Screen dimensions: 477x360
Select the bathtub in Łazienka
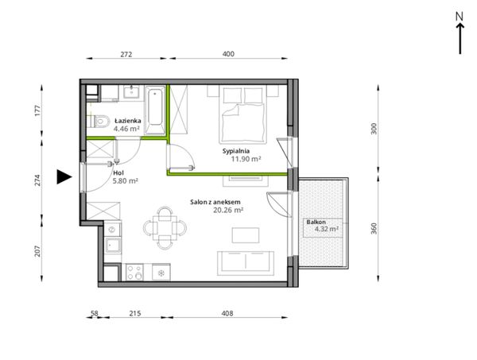[156, 110]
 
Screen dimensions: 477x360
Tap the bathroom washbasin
[131, 92]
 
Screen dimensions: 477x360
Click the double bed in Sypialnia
[242, 114]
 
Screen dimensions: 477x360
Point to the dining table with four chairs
[165, 228]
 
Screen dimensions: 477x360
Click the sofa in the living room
[246, 263]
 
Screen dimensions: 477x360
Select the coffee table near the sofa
[246, 235]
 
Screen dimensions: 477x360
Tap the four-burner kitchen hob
[134, 272]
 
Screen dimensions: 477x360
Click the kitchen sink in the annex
[113, 246]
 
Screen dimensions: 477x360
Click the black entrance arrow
[64, 176]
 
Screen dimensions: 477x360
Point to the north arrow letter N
[460, 17]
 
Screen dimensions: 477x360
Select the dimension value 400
[228, 54]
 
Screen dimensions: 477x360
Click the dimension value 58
[95, 313]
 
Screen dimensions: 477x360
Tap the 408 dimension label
[227, 313]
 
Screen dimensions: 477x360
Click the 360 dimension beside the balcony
[374, 228]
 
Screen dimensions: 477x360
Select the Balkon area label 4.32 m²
[327, 229]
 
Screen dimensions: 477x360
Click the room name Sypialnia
[236, 151]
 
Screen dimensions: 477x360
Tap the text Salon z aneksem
[215, 202]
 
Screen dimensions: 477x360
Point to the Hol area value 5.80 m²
[126, 181]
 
